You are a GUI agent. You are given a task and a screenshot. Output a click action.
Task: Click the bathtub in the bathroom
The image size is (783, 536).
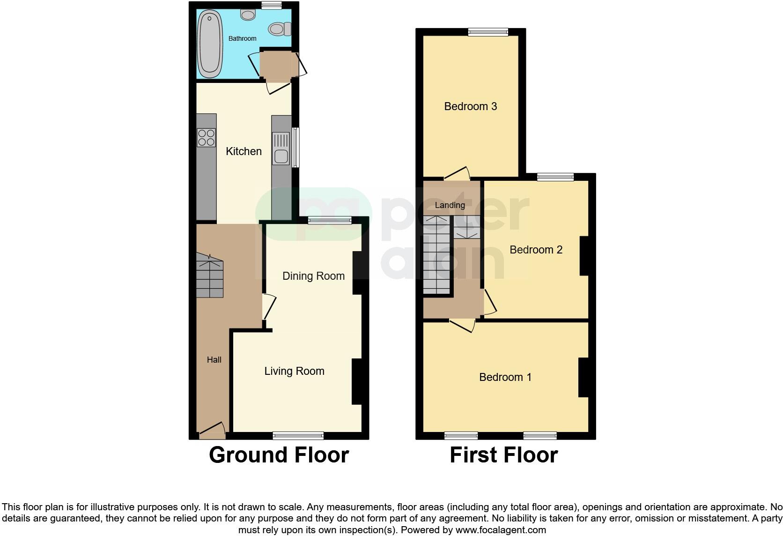point(210,45)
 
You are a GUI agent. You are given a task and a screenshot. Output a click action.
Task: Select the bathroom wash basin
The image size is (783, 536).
point(248,15)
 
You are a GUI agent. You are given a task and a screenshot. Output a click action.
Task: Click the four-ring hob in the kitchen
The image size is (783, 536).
point(206,137)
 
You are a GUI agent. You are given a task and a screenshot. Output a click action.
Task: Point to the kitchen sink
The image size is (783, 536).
point(281,149)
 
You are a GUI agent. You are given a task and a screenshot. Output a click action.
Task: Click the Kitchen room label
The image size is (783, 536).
point(244,151)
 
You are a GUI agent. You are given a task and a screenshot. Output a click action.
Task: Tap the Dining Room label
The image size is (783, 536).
point(313,276)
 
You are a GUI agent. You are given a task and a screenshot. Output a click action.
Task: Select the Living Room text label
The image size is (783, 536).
point(294,371)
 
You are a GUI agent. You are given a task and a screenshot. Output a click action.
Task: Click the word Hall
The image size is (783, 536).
point(214,360)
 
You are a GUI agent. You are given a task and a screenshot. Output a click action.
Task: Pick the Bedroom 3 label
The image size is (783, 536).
point(470,106)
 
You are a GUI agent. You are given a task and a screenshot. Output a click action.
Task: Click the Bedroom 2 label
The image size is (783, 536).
point(536,250)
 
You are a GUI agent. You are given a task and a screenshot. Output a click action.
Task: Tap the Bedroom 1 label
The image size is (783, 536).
point(505,377)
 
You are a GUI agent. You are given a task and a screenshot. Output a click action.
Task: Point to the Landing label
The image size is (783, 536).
point(450,205)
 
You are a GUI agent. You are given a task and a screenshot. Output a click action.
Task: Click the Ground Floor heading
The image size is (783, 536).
point(279,455)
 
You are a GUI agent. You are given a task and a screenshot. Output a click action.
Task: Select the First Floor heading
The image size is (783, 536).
point(503,455)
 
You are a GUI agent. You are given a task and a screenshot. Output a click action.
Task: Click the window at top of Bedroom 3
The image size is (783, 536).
point(488,32)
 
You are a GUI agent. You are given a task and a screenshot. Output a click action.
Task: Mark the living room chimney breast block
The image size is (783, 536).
point(357,381)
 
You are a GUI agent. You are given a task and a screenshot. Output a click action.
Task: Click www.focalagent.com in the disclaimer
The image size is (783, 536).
point(501,530)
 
